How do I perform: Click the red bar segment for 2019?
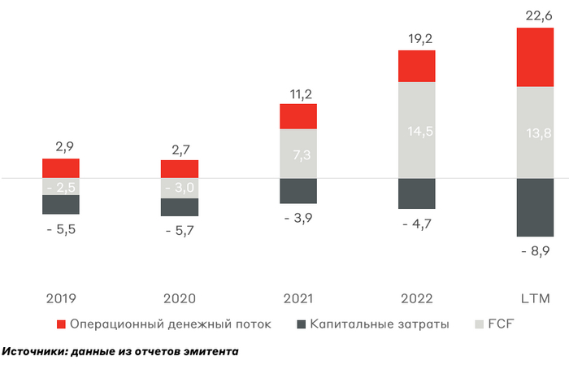click(61, 168)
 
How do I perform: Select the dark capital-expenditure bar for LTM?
click(536, 206)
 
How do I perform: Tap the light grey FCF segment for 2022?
click(417, 130)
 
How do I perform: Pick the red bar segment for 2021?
click(298, 116)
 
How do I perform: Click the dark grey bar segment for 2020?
click(180, 206)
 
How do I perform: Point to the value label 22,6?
click(536, 15)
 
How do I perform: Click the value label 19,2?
click(417, 37)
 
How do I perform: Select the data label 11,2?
click(298, 93)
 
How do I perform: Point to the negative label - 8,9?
click(536, 253)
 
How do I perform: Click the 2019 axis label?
click(61, 299)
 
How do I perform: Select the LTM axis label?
click(536, 299)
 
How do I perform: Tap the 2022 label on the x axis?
click(417, 299)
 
